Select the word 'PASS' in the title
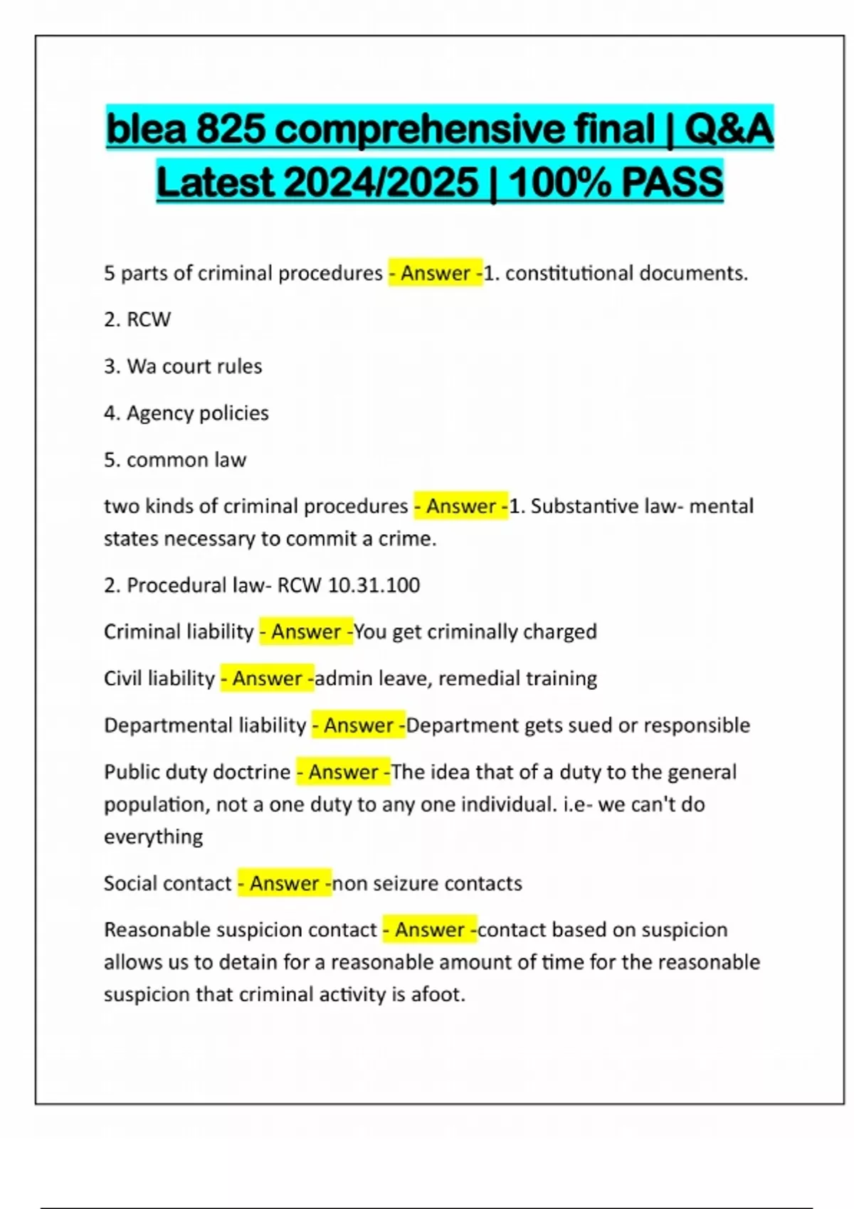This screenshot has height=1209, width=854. (x=672, y=183)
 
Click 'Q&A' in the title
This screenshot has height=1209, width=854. (x=727, y=129)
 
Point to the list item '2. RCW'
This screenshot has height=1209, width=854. (x=137, y=319)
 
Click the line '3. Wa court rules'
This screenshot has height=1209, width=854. (x=183, y=366)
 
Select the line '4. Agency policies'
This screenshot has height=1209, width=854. (x=186, y=413)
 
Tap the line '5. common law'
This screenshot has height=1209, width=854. (x=175, y=460)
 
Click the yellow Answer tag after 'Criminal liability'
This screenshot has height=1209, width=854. (x=306, y=632)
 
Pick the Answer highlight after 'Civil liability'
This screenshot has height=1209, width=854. (x=267, y=678)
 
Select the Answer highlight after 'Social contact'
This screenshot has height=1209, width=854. (x=284, y=883)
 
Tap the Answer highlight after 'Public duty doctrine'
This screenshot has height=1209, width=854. (x=343, y=772)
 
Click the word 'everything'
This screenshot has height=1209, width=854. (x=153, y=837)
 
